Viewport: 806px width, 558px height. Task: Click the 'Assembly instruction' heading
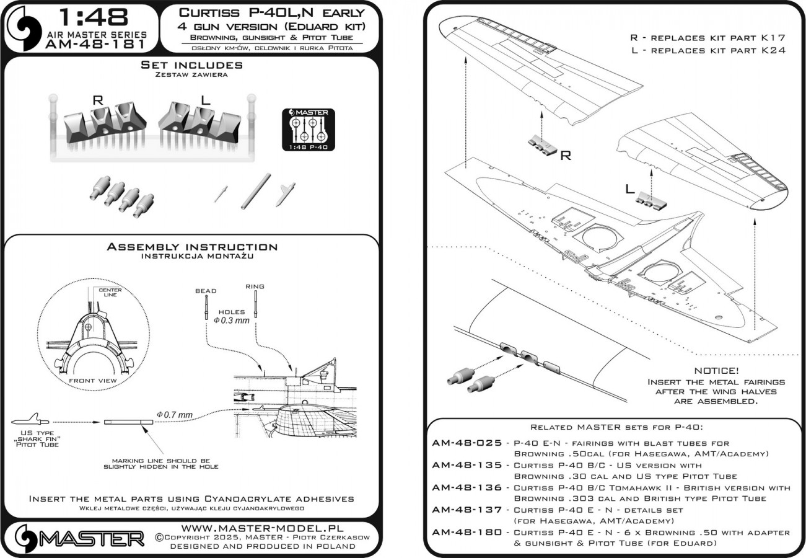[192, 247]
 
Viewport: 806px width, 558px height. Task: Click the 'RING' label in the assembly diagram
[255, 286]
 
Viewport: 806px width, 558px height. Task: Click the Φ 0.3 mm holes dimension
[232, 321]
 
